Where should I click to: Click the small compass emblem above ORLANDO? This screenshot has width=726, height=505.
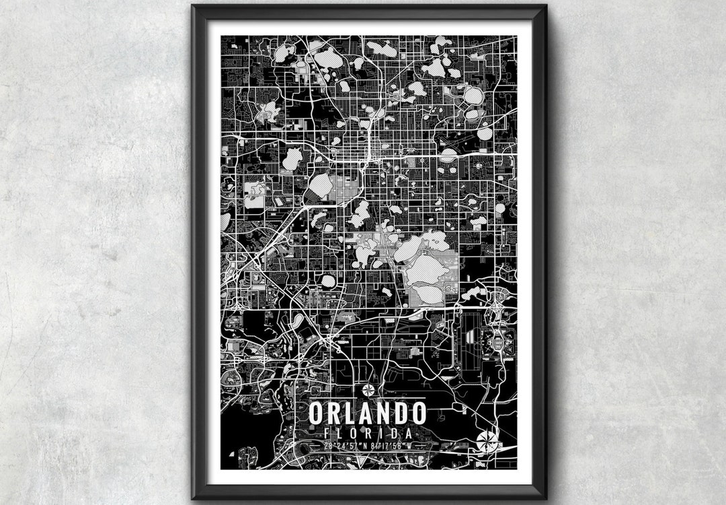pos(368,390)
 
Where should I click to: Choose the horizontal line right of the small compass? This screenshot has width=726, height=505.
pos(401,390)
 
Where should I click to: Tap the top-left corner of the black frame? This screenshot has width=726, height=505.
pos(193,6)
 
